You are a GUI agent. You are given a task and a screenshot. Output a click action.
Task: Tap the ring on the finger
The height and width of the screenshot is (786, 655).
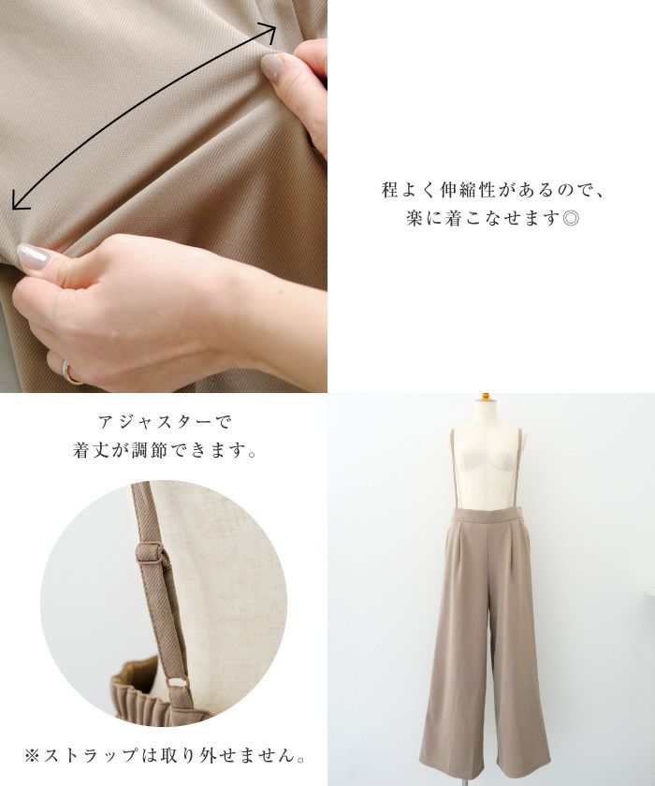(69, 372)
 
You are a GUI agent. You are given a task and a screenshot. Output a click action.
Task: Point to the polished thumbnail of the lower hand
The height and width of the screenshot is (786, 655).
(34, 256)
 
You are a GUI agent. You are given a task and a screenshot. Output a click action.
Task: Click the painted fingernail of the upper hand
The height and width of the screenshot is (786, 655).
(272, 66)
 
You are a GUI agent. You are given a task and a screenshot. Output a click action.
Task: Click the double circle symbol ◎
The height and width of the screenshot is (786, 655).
(571, 219)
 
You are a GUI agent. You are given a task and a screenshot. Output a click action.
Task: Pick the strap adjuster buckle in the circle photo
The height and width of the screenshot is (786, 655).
(150, 553)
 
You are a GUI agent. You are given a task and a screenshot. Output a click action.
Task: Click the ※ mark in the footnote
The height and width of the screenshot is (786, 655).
(32, 755)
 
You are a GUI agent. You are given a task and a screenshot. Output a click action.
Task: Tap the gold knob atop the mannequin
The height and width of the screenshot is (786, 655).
(485, 396)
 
